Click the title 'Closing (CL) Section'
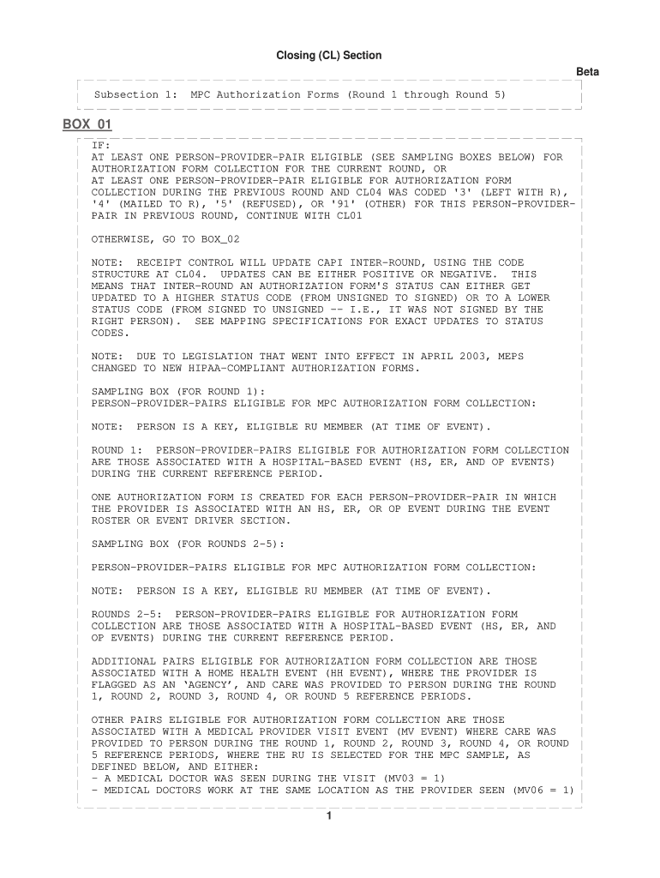[328, 56]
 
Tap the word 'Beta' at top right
[587, 72]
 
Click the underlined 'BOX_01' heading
[87, 125]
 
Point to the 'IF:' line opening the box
[100, 146]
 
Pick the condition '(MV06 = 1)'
[543, 790]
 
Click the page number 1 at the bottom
[329, 815]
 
